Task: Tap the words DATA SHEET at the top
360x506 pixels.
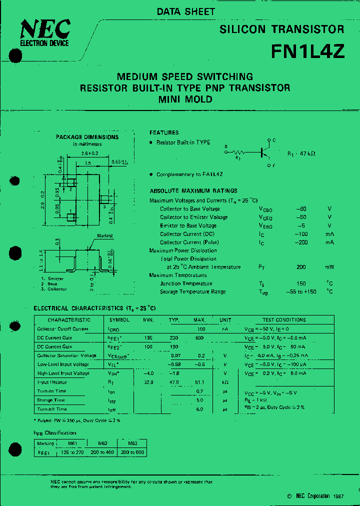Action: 186,11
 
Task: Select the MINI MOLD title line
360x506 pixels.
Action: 185,99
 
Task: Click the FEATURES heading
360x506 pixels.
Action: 164,132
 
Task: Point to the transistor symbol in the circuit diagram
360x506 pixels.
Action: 265,152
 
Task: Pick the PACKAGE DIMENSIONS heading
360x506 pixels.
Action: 87,137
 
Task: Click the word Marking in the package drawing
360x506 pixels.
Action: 105,235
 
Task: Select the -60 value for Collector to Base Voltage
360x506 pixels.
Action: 300,208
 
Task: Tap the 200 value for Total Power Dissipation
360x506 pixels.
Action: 300,267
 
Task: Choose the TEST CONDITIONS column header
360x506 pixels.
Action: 284,319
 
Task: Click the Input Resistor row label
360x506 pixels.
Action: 52,382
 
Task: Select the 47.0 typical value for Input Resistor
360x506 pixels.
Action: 173,382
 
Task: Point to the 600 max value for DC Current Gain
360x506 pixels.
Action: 199,338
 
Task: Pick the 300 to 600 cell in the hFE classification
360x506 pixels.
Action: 132,452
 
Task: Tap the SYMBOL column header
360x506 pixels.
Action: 119,319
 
